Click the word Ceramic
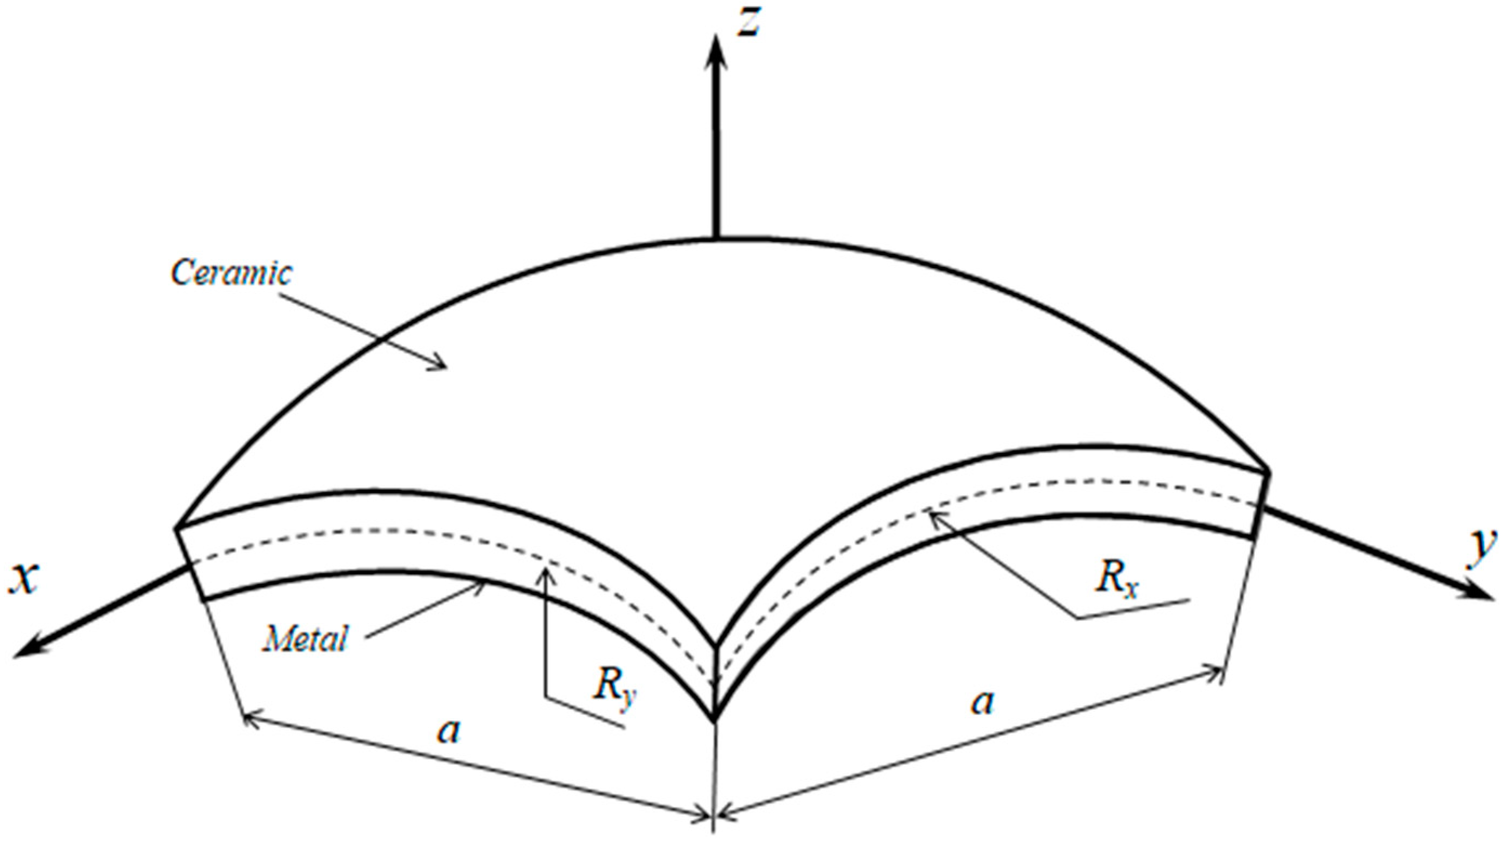click(231, 273)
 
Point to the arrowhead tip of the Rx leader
click(932, 513)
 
